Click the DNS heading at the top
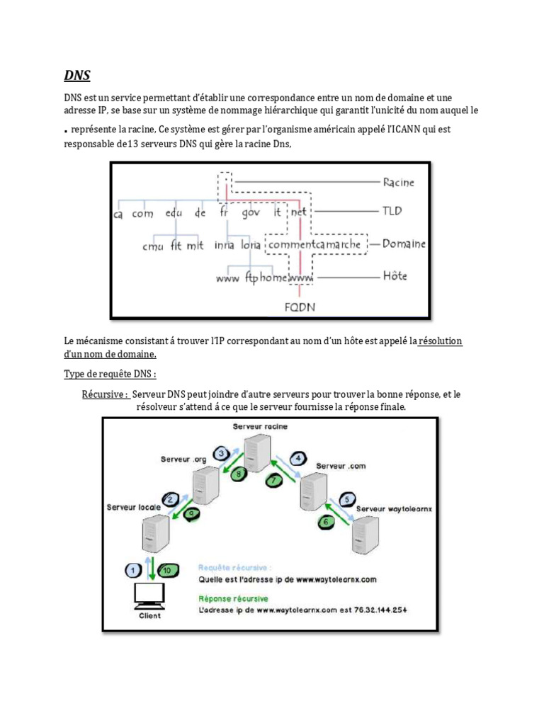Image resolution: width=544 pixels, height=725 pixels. coord(77,76)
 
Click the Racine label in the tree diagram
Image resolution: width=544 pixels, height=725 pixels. coord(399,183)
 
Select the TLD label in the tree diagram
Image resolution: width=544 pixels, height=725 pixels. coord(392,212)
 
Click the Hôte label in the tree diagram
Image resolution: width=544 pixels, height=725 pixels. coord(395,276)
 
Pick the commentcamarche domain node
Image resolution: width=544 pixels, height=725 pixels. coord(317,245)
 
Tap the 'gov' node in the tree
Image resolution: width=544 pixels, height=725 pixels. coord(250,212)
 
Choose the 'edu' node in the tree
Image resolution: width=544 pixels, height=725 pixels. coord(174,212)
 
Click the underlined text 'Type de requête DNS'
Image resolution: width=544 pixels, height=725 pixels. coord(110,374)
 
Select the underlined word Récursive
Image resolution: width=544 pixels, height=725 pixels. coord(105,394)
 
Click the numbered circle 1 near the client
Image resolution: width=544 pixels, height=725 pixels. coord(131,570)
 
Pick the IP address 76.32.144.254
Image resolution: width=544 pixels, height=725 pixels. coord(381,610)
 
